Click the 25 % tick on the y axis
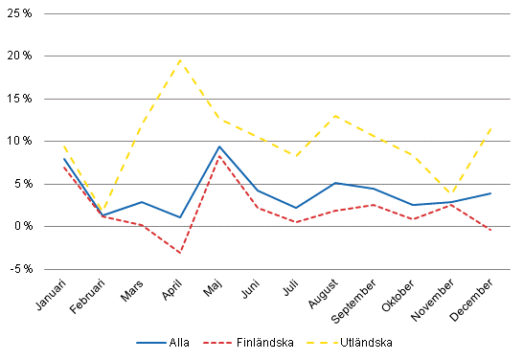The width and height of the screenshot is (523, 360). pyautogui.click(x=22, y=12)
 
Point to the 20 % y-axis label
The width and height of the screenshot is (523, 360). pyautogui.click(x=22, y=56)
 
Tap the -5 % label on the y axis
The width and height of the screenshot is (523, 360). pyautogui.click(x=22, y=269)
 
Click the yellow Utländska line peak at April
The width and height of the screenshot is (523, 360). pyautogui.click(x=179, y=59)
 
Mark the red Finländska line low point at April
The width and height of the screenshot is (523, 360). pyautogui.click(x=179, y=253)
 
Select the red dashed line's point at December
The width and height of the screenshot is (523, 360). pyautogui.click(x=491, y=230)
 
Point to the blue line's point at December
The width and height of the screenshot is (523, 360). pyautogui.click(x=491, y=192)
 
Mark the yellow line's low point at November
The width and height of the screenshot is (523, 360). pyautogui.click(x=449, y=194)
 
